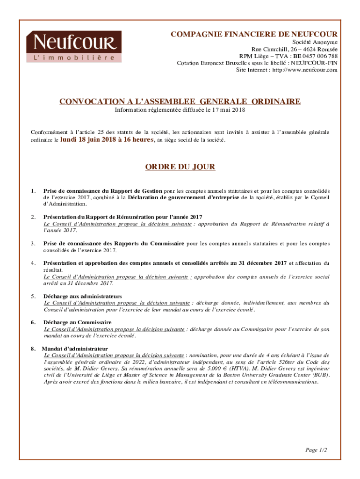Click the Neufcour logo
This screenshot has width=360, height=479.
pyautogui.click(x=74, y=46)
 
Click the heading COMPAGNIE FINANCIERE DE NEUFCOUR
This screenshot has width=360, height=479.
pyautogui.click(x=253, y=35)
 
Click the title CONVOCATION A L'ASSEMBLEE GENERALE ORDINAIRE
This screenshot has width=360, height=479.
pyautogui.click(x=180, y=102)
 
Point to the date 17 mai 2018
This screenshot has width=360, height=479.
pyautogui.click(x=228, y=110)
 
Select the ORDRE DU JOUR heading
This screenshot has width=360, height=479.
pyautogui.click(x=180, y=167)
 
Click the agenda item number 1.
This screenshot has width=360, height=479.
pyautogui.click(x=32, y=191)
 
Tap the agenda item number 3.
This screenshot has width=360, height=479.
pyautogui.click(x=32, y=243)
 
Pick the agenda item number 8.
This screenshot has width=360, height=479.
pyautogui.click(x=32, y=348)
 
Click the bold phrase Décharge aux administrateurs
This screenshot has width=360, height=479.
pyautogui.click(x=83, y=296)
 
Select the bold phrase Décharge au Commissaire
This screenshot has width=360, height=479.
pyautogui.click(x=77, y=322)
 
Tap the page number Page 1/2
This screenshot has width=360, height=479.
pyautogui.click(x=316, y=450)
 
